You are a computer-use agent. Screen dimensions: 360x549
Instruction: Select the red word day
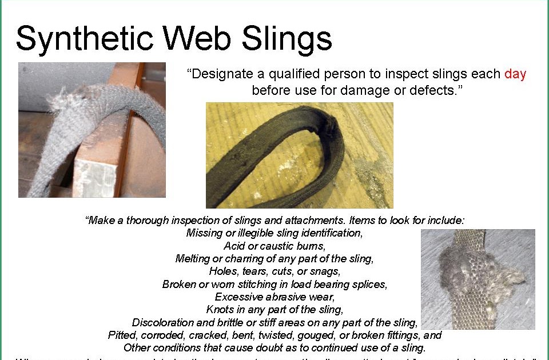[515, 74]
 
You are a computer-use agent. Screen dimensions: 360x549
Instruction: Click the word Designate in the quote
[224, 74]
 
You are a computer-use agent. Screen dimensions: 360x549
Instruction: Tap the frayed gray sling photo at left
[91, 130]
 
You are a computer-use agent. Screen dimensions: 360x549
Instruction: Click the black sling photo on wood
[299, 155]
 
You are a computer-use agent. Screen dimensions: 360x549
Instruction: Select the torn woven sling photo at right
[478, 279]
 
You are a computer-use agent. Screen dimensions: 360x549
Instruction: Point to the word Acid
[234, 246]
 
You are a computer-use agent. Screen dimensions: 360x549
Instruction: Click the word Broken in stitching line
[179, 284]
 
